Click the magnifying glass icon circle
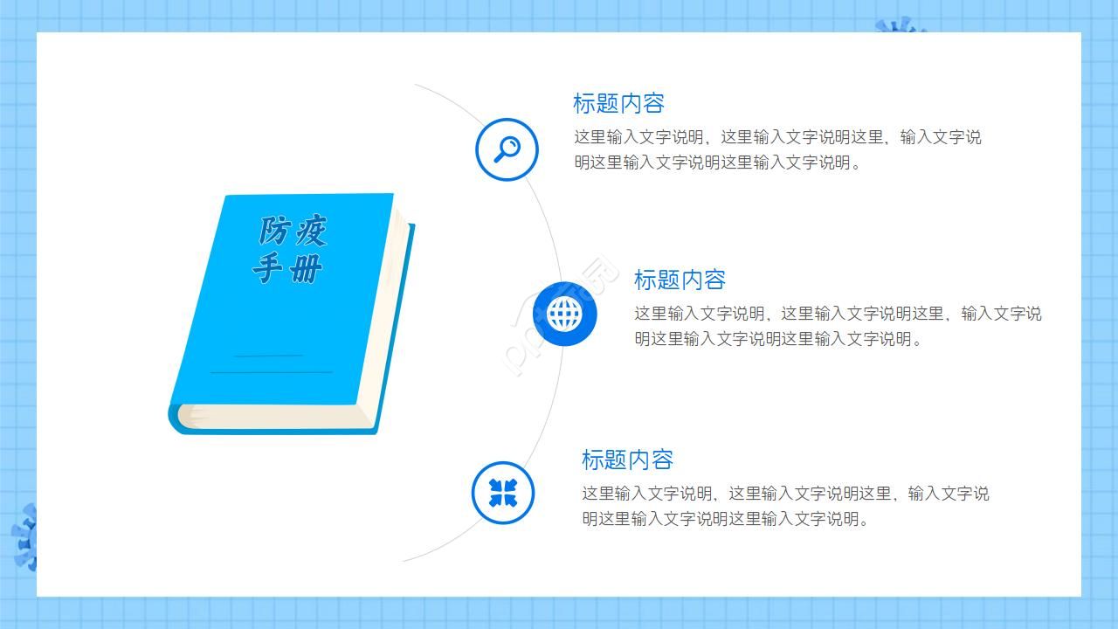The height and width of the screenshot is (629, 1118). [507, 149]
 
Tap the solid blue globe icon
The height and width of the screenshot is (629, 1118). [564, 314]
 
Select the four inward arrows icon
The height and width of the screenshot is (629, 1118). [503, 493]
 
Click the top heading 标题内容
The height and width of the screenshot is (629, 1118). [618, 103]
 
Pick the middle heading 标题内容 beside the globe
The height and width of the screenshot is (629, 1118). [680, 280]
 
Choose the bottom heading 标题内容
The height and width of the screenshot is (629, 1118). [627, 460]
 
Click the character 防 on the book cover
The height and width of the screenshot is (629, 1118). [274, 231]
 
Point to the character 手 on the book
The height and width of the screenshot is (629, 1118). [269, 267]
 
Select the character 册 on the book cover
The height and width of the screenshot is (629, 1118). [306, 269]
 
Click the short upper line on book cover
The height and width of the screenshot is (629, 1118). [269, 356]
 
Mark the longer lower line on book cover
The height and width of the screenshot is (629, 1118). [271, 372]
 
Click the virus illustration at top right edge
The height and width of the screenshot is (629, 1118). [900, 25]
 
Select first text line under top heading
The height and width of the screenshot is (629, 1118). [777, 137]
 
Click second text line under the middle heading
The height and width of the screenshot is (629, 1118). [777, 339]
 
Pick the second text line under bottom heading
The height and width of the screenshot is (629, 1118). [725, 519]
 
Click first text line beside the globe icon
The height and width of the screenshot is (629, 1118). [837, 314]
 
